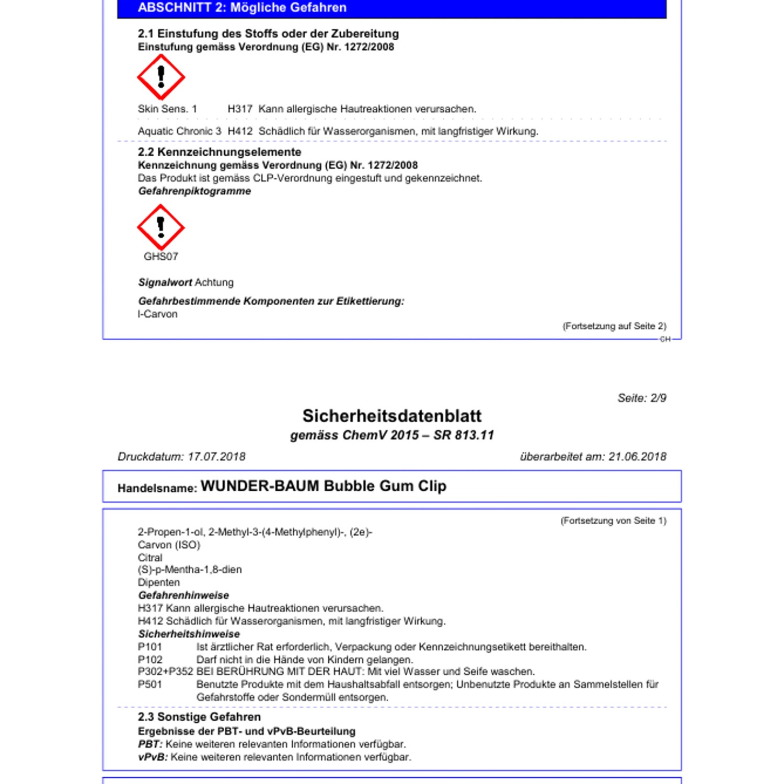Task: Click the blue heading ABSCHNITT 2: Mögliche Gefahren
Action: point(242,8)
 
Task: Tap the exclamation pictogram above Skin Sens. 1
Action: point(161,77)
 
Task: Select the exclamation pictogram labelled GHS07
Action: point(161,227)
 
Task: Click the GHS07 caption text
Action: point(161,257)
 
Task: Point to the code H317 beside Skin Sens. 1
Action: point(240,109)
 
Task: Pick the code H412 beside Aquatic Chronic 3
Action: point(240,131)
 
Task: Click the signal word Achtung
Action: point(214,282)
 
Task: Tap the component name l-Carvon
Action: point(158,314)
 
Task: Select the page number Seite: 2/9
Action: point(642,398)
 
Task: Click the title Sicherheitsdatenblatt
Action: point(392,416)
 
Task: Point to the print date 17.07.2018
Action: point(216,457)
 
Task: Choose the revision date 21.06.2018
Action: point(637,457)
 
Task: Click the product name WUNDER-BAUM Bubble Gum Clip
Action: point(324,486)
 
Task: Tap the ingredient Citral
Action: point(150,558)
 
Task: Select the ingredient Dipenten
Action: point(159,582)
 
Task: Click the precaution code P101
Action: point(150,647)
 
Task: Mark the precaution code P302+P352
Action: point(166,672)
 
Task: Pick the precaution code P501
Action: point(150,685)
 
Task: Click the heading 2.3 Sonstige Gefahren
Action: point(199,717)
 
